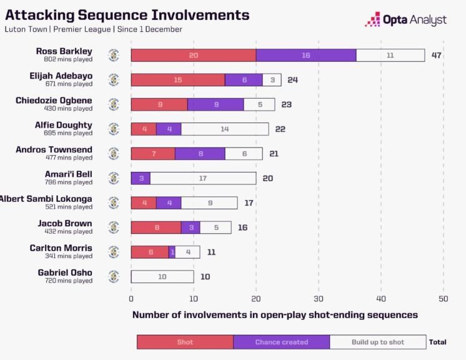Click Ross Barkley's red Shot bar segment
pos(194,56)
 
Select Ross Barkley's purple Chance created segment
pos(306,56)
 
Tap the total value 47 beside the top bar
pos(437,56)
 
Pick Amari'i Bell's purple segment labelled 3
pos(141,178)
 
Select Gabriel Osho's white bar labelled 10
pos(162,276)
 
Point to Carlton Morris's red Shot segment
pos(150,252)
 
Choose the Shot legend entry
pos(185,342)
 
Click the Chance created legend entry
pos(281,342)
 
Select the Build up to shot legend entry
pos(378,342)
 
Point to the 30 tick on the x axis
pos(319,299)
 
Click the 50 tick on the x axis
pos(444,299)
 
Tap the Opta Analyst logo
pos(406,20)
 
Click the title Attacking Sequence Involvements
pos(127,16)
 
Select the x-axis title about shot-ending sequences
pos(275,315)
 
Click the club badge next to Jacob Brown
pos(114,227)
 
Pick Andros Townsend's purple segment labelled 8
pos(200,154)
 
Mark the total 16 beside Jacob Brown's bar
pos(242,227)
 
